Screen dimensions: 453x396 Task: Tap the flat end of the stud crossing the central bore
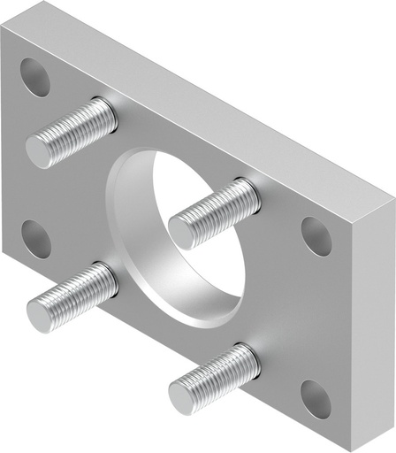click(x=181, y=231)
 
